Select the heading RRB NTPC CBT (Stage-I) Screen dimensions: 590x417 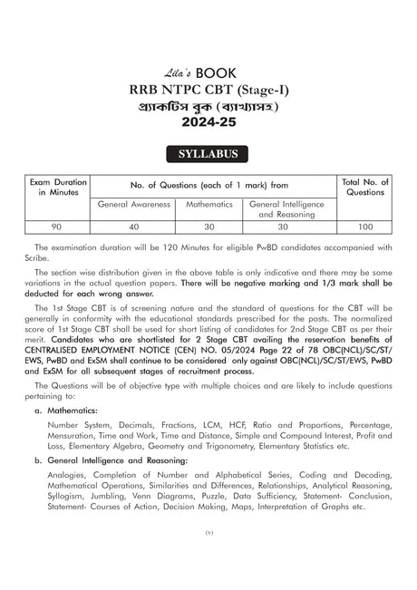pos(208,88)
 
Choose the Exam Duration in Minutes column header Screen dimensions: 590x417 pos(57,188)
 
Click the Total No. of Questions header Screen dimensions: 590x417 pos(365,188)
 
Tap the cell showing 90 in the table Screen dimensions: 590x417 pos(57,227)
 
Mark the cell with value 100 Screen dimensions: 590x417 pos(365,227)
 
